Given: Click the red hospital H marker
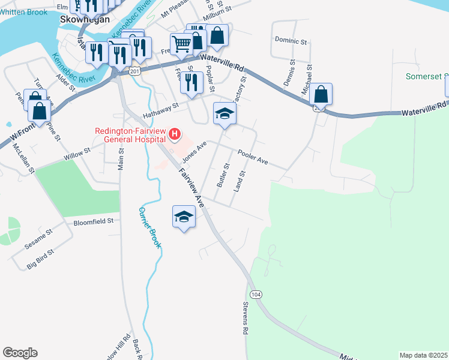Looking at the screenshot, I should pyautogui.click(x=175, y=133).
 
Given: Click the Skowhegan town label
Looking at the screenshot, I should pyautogui.click(x=85, y=19).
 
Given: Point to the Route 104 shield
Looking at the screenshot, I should pyautogui.click(x=256, y=295).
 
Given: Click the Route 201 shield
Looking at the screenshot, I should pyautogui.click(x=134, y=71).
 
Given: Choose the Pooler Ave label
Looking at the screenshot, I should pyautogui.click(x=253, y=158).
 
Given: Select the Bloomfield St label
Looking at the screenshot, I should pyautogui.click(x=94, y=221).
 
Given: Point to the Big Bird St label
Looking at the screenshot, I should pyautogui.click(x=41, y=259).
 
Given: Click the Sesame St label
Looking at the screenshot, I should pyautogui.click(x=39, y=241).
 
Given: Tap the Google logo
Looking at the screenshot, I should pyautogui.click(x=20, y=353).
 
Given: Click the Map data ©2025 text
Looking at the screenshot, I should pyautogui.click(x=423, y=355).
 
